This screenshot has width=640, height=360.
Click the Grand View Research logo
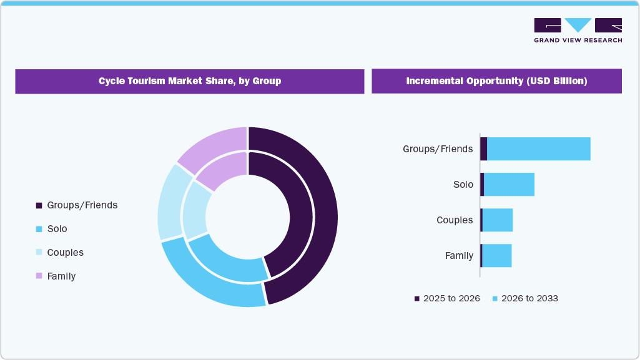point(578,30)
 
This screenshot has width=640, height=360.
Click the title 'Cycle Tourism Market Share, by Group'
point(190,81)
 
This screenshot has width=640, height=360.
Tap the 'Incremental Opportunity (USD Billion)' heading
point(496,81)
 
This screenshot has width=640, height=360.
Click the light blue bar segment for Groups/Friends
point(538,149)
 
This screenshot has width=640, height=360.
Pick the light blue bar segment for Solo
point(509,185)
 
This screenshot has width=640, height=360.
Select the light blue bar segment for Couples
point(497,220)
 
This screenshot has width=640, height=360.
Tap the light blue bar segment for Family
point(496,256)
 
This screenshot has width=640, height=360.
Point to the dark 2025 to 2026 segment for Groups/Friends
point(483,149)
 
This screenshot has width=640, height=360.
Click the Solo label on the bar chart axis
point(463,185)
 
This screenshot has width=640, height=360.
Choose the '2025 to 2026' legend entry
point(446,298)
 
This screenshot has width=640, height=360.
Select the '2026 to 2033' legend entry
point(524,298)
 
